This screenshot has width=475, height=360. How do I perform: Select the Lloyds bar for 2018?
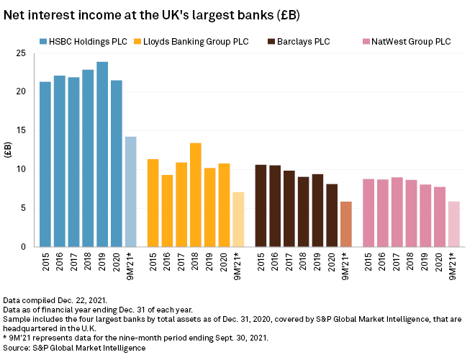196,194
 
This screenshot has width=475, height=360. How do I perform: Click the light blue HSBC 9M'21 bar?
130,192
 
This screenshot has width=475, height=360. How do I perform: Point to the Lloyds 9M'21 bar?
238,219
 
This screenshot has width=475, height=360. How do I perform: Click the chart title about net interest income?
152,14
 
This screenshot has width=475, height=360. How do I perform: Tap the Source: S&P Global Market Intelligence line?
74,348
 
